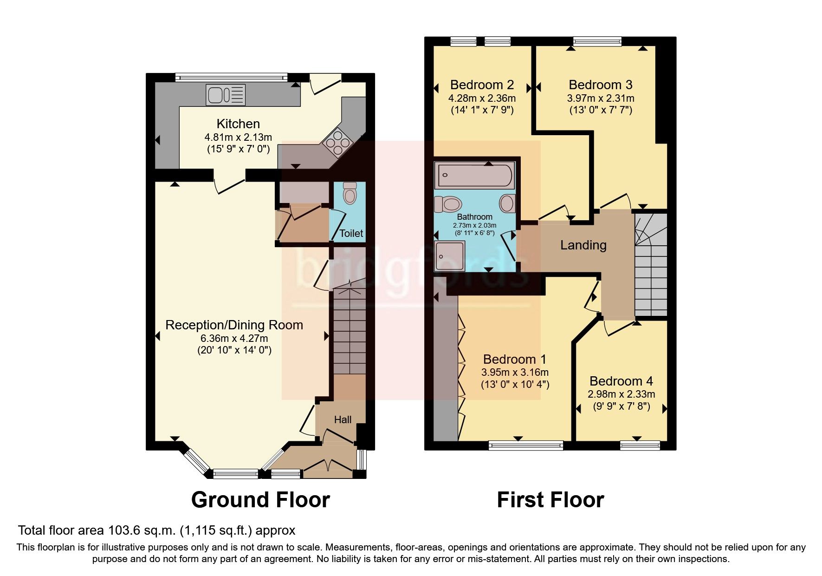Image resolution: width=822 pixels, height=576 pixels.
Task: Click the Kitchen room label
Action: [238, 124]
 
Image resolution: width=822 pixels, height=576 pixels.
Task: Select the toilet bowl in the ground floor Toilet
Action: [350, 193]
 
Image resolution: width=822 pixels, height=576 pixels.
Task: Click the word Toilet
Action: [351, 233]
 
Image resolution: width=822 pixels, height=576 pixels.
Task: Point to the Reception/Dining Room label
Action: [234, 325]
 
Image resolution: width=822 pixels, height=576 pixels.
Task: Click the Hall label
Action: [343, 419]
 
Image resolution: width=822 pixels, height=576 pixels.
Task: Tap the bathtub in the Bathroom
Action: [474, 176]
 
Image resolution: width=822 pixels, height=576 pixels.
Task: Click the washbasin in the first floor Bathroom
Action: [507, 203]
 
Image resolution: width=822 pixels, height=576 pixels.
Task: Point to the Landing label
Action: [583, 245]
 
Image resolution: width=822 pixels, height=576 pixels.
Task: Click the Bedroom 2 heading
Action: [482, 85]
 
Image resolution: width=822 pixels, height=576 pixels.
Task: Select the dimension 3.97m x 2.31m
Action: [601, 98]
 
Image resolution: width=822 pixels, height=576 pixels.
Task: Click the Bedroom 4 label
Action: [621, 381]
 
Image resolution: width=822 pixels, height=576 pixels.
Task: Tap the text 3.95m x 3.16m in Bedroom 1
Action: [515, 373]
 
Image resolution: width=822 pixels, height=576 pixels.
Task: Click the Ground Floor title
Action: [260, 500]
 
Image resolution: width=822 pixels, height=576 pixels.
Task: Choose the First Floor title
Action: [550, 500]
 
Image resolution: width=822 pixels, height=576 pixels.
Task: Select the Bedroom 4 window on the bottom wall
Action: [640, 445]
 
